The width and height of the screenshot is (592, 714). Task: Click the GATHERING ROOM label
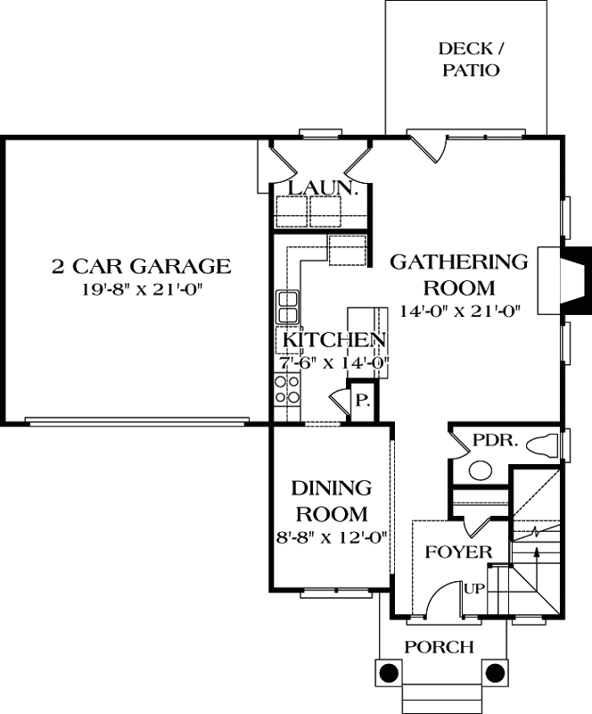pos(459,275)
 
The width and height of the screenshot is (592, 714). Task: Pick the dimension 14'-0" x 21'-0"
pos(459,311)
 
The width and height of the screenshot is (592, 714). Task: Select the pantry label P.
pos(363,401)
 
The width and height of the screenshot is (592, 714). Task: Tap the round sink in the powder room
pos(481,469)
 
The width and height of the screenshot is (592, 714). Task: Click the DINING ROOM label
pos(332,501)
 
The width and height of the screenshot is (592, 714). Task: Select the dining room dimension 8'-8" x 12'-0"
pos(332,538)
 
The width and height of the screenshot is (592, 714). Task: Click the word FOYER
pos(457,552)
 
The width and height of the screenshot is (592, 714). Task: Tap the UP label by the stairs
pos(473,590)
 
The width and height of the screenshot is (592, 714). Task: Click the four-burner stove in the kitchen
pos(287,390)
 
